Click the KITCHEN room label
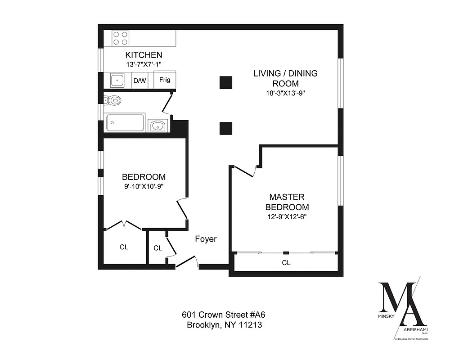click(143, 55)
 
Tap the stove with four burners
click(120, 38)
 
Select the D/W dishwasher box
click(139, 81)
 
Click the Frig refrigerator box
click(165, 80)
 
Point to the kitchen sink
click(117, 81)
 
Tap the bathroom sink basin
click(157, 126)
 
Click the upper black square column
click(225, 82)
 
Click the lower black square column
click(225, 128)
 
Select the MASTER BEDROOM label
click(287, 202)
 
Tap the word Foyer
click(206, 239)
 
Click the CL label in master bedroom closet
click(286, 263)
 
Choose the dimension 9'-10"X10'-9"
click(144, 187)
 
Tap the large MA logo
click(402, 306)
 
